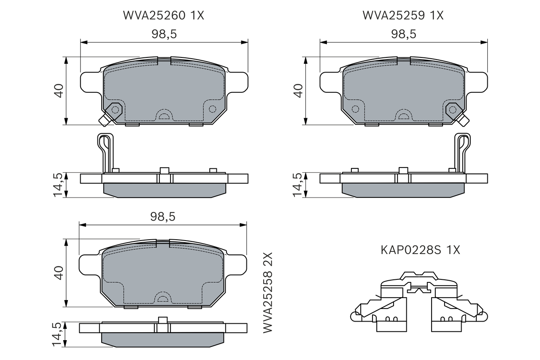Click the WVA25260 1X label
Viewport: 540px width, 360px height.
163,16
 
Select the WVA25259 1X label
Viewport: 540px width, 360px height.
403,16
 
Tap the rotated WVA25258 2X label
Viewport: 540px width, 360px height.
267,293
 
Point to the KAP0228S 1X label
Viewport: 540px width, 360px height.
421,250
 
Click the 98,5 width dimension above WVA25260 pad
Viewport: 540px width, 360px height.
164,34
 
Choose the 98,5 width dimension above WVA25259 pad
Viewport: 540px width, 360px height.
404,34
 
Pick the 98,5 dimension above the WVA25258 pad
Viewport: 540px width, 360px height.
163,217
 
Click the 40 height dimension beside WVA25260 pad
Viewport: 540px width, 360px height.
59,91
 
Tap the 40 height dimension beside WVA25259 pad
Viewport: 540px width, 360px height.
298,91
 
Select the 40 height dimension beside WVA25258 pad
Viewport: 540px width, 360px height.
59,273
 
